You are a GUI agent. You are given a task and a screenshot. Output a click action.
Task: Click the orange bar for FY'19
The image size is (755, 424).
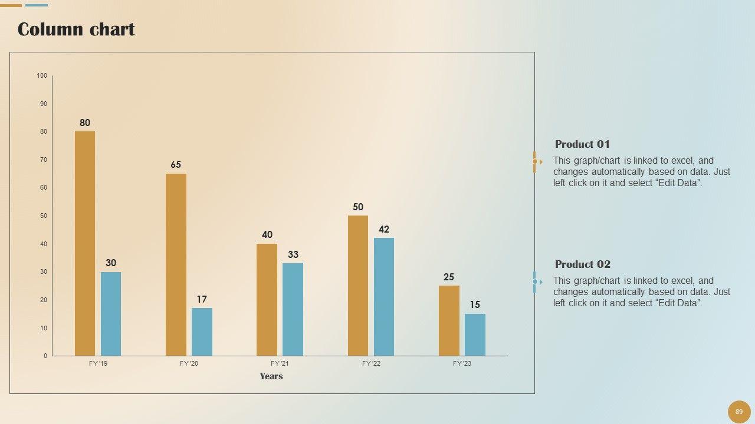tap(85, 243)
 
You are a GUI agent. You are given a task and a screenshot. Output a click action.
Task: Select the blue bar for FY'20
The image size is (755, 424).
tap(202, 332)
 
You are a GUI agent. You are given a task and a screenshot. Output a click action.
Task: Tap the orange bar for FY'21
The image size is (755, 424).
tap(267, 300)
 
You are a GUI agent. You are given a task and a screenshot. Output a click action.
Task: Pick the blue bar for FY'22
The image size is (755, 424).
tap(384, 297)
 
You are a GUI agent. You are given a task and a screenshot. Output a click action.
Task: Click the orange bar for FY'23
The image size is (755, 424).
tap(449, 320)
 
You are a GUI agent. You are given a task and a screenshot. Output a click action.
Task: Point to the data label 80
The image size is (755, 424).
tap(85, 123)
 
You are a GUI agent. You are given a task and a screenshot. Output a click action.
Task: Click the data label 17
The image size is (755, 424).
tap(202, 300)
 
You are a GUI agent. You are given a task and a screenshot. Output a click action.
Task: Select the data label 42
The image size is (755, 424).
tap(384, 230)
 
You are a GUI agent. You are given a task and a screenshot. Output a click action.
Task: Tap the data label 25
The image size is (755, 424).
tap(449, 277)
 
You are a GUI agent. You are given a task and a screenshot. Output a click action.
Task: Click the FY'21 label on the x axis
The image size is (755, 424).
tap(280, 364)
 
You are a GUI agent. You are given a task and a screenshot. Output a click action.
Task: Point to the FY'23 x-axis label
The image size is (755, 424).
tap(462, 364)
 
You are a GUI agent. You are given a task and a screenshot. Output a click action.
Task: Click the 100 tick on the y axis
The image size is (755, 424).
tap(42, 76)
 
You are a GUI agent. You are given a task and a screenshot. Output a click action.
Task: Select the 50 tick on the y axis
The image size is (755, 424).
tap(44, 216)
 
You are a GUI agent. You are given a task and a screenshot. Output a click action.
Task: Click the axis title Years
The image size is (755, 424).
tap(271, 376)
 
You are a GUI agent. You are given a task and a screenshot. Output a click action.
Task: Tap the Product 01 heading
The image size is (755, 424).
tap(582, 144)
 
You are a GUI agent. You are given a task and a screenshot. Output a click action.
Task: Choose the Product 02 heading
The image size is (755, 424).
tap(582, 264)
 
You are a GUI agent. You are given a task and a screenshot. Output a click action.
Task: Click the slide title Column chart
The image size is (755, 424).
tap(76, 29)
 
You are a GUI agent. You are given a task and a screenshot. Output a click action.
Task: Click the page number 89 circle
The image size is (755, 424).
tap(739, 412)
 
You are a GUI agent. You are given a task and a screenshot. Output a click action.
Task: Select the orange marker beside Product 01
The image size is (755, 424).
tap(536, 162)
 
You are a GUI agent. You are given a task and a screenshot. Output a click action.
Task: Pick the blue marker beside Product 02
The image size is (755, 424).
tap(536, 282)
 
